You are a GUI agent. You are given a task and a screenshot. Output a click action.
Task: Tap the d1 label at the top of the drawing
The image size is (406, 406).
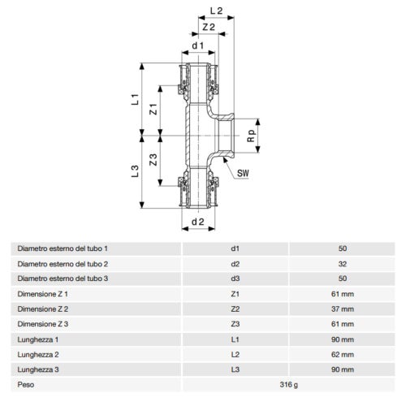(x=197, y=45)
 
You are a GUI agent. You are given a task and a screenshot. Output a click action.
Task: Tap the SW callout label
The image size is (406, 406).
(x=243, y=173)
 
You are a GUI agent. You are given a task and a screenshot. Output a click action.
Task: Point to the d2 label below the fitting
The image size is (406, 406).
(x=197, y=221)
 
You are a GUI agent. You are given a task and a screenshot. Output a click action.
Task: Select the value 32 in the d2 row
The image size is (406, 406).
(x=342, y=263)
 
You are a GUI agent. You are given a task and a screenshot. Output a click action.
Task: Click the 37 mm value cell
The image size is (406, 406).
(x=342, y=309)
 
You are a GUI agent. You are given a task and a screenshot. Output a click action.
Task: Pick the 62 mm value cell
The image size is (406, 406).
(x=342, y=354)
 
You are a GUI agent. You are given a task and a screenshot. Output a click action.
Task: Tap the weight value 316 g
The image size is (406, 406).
(x=289, y=384)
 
